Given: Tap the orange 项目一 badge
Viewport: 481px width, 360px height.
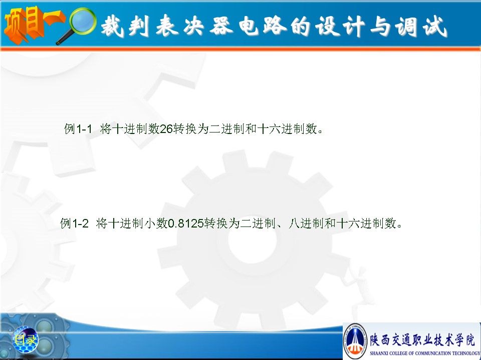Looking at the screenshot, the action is [33, 25].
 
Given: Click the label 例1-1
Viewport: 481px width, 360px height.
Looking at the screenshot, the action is [78, 129].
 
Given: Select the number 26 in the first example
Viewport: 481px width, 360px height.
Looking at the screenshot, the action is [166, 129].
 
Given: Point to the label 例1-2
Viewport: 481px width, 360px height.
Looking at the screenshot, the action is [74, 223].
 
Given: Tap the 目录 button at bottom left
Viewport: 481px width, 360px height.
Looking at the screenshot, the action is [25, 339].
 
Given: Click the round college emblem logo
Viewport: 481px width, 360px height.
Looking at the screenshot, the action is [356, 340].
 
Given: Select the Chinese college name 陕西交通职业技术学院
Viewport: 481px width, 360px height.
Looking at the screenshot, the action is [422, 340].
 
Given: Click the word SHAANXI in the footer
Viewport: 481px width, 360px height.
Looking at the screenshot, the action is [379, 353].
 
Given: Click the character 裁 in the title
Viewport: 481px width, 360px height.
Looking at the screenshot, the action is [112, 25].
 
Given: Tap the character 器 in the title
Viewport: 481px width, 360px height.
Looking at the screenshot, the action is [221, 25].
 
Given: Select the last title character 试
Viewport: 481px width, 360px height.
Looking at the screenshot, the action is [434, 26].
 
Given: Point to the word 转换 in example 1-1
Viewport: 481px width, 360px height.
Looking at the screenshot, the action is [185, 129].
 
